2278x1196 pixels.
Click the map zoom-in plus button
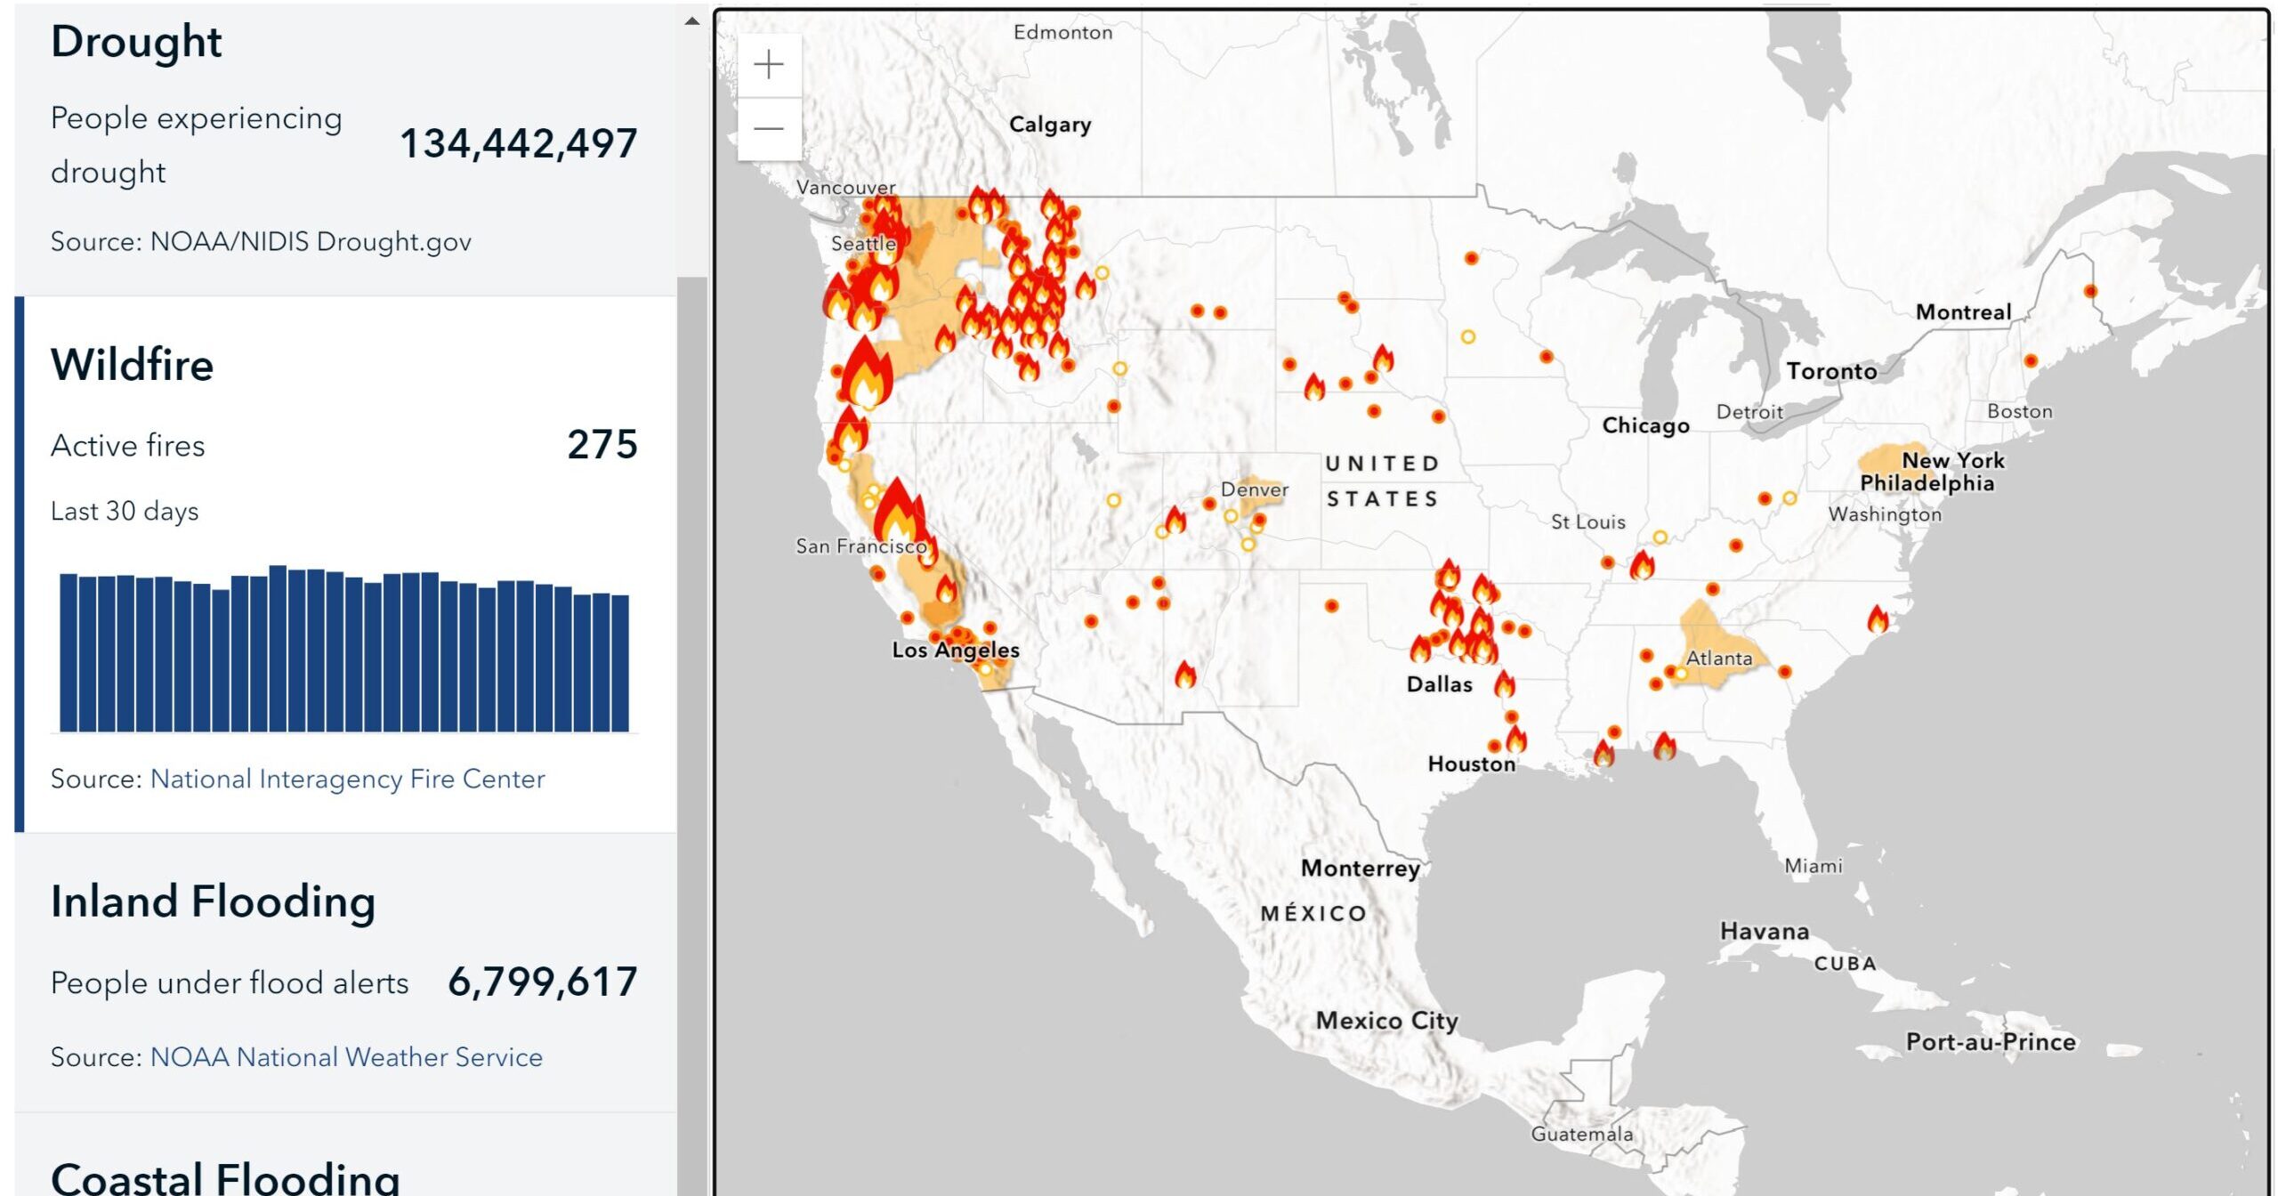(x=769, y=65)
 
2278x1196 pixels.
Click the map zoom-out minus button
(x=769, y=129)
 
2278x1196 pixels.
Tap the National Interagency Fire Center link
(x=347, y=779)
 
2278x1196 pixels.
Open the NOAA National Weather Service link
(x=346, y=1057)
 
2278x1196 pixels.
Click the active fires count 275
(x=602, y=444)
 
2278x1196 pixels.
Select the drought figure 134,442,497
(x=519, y=143)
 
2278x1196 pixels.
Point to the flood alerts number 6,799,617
(x=543, y=982)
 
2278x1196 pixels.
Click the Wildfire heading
(x=133, y=365)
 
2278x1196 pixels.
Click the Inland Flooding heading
(x=214, y=901)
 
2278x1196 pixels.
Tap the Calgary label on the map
(x=1050, y=125)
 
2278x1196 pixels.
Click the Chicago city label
(x=1645, y=425)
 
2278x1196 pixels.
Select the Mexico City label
(x=1386, y=1021)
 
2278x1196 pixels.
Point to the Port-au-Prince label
(x=1991, y=1042)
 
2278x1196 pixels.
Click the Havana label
(x=1765, y=932)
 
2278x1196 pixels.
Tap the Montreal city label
(x=1963, y=312)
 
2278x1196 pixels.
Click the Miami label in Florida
(x=1814, y=866)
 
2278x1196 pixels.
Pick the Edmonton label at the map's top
(x=1062, y=33)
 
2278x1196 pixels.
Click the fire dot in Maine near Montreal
(x=2090, y=291)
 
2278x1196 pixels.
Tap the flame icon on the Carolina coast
(x=1878, y=619)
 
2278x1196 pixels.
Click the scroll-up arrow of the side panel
(x=692, y=20)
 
